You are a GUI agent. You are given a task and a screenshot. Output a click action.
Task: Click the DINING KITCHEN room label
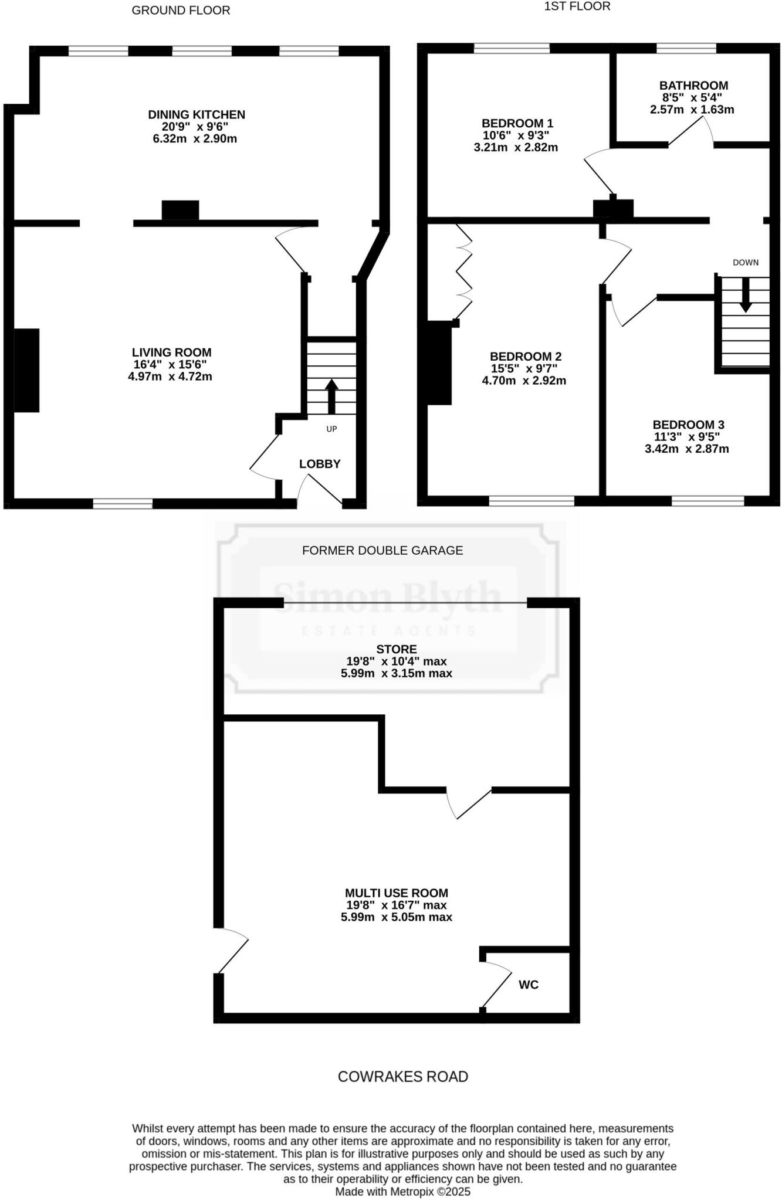196,114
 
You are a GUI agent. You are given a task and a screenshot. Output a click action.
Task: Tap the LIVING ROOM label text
171,352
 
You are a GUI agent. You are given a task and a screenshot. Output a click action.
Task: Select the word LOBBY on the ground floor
320,464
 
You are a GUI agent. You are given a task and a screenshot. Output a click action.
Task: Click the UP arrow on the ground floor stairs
331,396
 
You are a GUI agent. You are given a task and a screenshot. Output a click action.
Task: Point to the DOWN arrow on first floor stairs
746,293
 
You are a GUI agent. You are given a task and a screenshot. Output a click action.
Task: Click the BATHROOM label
693,86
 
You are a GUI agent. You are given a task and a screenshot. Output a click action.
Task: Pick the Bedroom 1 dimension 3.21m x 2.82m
516,148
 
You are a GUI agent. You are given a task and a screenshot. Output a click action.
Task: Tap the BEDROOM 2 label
526,357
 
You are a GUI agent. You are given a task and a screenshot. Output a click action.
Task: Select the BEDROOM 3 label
688,425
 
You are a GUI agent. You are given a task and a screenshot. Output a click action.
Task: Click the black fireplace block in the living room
26,370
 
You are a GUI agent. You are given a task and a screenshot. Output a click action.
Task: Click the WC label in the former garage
529,985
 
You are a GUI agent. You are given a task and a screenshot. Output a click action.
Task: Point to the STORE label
397,649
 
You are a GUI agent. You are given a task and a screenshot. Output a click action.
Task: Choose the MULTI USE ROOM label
397,893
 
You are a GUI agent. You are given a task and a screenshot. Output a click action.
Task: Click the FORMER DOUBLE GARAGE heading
382,550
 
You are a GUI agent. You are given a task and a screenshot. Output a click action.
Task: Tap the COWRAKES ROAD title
403,1077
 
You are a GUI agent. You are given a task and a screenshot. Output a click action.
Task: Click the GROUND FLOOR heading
181,11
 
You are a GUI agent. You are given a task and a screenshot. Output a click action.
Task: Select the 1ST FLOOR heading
577,6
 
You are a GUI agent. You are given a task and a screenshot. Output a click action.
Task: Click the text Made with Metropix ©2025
402,1192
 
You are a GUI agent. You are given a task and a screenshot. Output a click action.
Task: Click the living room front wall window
123,503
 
